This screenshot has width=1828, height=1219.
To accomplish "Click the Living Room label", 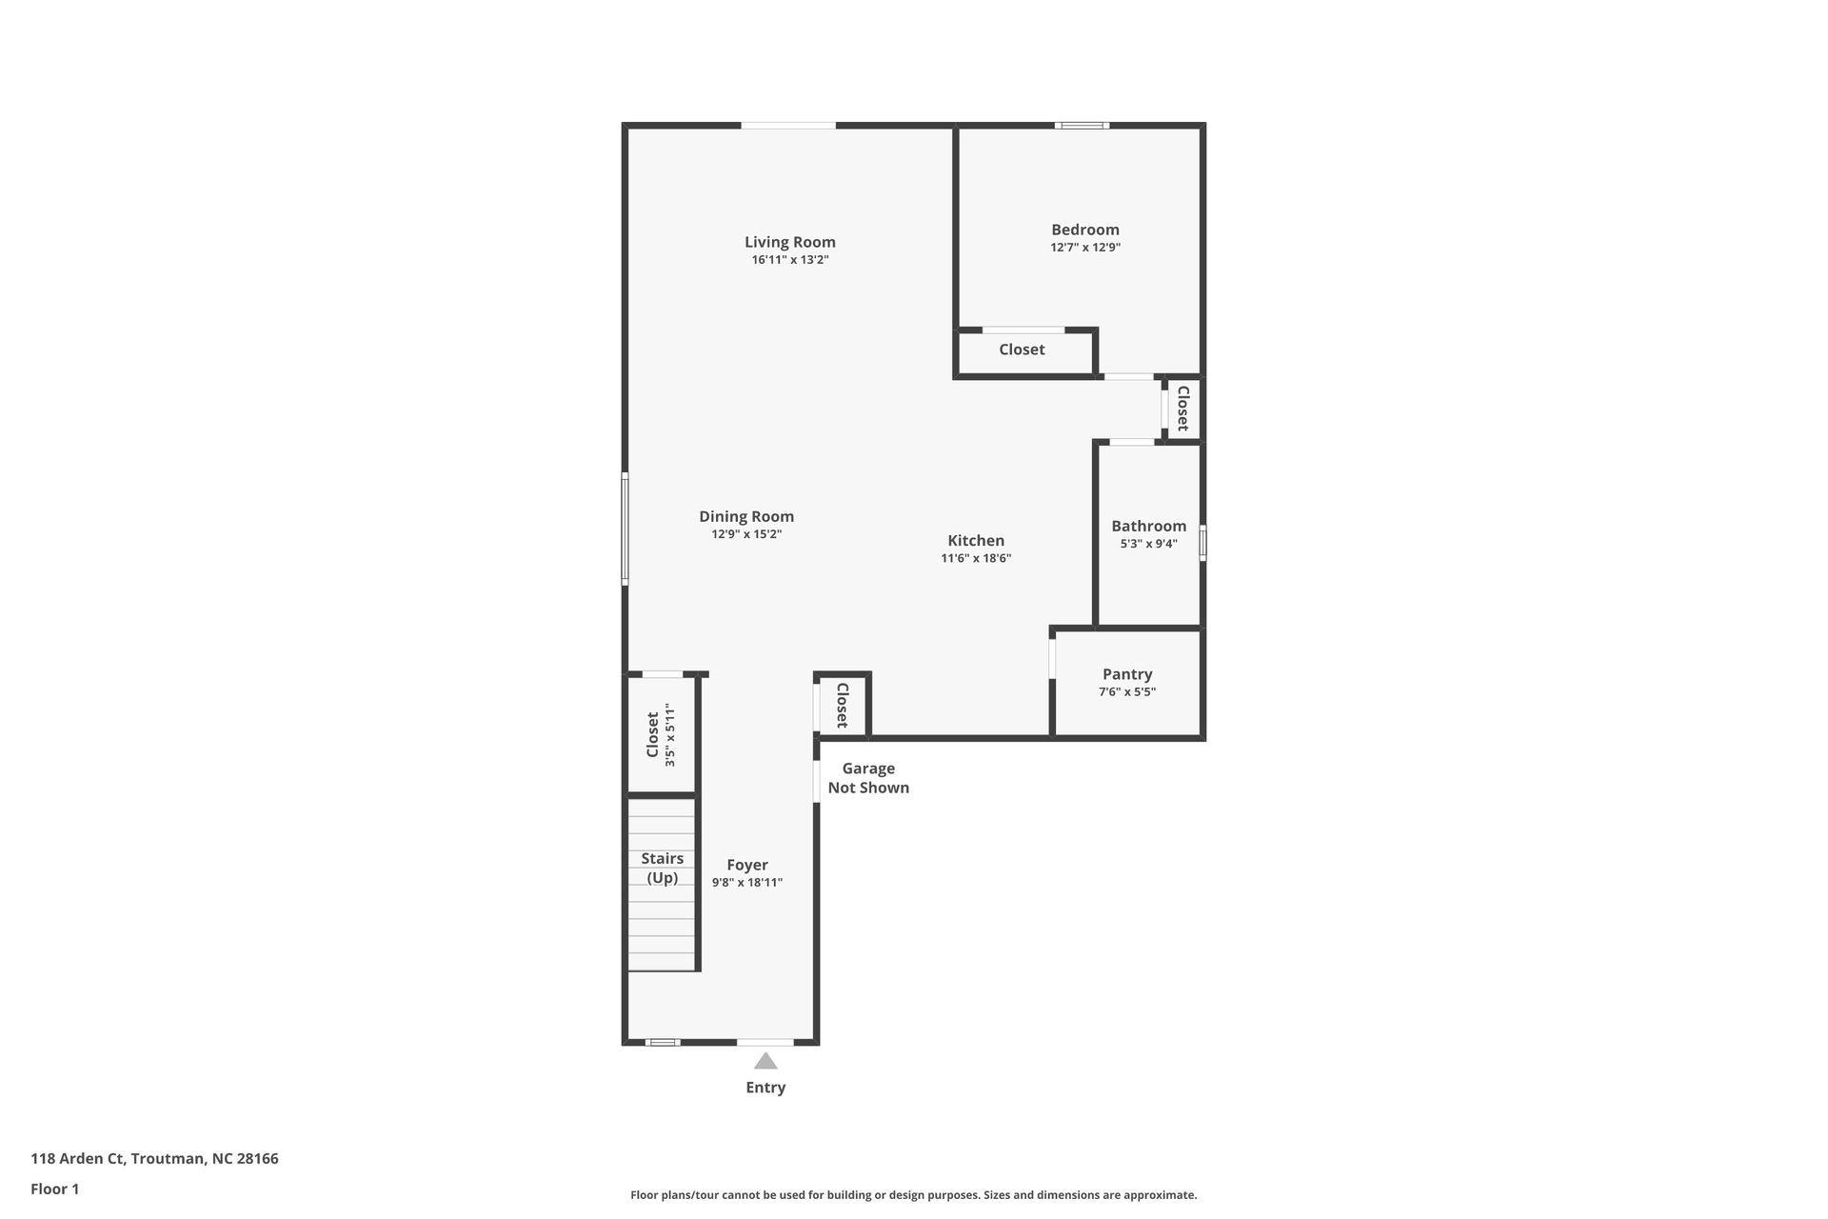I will coord(789,242).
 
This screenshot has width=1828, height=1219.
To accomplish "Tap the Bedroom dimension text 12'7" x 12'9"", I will coord(1084,248).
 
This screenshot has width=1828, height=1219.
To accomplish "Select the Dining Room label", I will coord(745,516).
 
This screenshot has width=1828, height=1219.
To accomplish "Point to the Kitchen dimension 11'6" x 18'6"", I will coord(975,559).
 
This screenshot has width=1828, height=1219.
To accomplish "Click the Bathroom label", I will coord(1148,526).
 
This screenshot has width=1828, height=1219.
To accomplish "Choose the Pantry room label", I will coord(1126,674).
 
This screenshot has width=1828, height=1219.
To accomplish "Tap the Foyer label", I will coord(746,865).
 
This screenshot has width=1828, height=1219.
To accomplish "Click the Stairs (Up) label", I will coord(662,868).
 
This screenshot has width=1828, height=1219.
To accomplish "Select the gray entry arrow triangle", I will coord(765,1061).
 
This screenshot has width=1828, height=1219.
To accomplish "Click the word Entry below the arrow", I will coord(765,1088).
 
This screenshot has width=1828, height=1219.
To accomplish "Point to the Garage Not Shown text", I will coord(867,778).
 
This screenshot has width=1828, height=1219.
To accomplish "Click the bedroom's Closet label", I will coord(1022,350).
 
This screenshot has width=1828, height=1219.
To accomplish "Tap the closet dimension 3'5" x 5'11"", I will coord(670,735).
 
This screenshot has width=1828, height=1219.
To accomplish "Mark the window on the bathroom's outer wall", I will coord(1202,543).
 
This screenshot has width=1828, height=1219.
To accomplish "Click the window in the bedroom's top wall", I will coord(1082,126).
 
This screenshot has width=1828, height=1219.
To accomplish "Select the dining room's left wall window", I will coord(625,528).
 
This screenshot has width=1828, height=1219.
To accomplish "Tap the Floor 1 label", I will coord(55,1189).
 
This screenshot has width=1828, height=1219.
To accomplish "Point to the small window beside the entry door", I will coord(662,1042).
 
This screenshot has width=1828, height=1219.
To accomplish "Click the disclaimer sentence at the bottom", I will coord(913,1195).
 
